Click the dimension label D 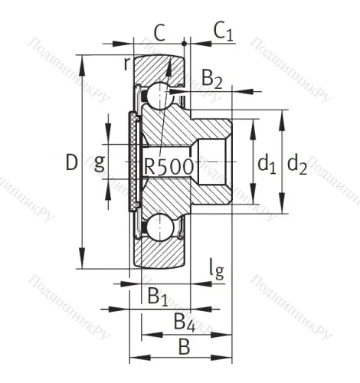coord(71,162)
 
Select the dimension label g coord(100,162)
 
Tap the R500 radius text coord(168,167)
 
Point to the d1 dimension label coord(266,162)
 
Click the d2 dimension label coord(297,162)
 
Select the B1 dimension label coord(157,294)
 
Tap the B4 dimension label coord(183,320)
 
